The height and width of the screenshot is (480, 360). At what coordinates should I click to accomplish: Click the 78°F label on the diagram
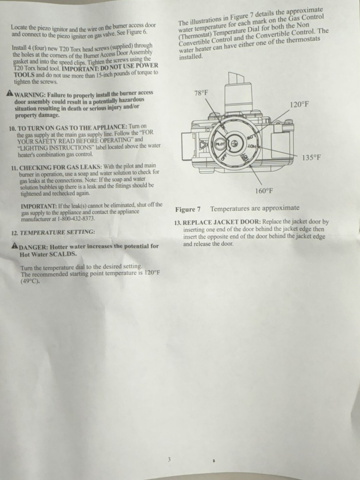(201, 93)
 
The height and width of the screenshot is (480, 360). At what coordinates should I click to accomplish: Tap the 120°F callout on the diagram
(299, 105)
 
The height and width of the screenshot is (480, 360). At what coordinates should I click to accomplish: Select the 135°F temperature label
(311, 157)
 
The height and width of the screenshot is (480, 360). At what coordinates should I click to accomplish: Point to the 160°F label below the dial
(264, 191)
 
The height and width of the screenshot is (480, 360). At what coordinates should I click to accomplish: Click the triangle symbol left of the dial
(204, 144)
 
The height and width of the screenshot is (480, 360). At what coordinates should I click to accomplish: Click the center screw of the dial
(234, 143)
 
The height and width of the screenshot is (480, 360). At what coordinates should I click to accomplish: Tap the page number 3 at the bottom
(169, 460)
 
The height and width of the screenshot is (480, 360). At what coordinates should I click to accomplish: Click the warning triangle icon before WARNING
(10, 93)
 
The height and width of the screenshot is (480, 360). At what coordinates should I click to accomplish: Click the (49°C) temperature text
(29, 282)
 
